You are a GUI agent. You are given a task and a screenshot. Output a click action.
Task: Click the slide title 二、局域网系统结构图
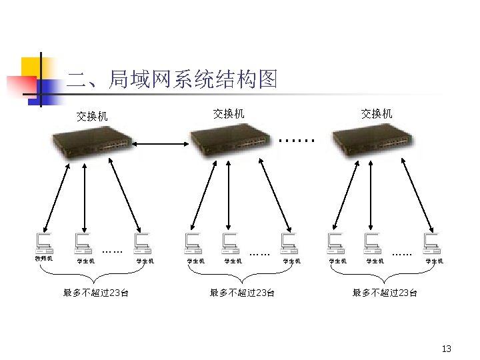(172, 80)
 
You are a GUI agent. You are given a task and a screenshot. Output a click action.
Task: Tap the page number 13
(447, 349)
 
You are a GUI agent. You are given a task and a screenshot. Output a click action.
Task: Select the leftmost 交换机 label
(92, 116)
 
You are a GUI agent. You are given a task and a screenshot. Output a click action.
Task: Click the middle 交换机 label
(229, 113)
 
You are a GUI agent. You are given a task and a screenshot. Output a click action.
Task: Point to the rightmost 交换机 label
(377, 113)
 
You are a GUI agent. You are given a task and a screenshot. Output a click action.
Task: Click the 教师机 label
(44, 258)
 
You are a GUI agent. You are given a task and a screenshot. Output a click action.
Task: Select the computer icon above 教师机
(45, 241)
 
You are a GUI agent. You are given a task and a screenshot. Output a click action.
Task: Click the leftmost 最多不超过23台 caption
(96, 292)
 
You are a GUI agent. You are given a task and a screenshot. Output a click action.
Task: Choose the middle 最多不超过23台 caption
(242, 292)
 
